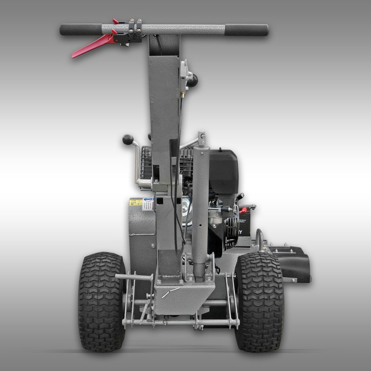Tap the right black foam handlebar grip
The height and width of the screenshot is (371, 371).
(x=246, y=30)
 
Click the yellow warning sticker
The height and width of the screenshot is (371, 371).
(x=136, y=202)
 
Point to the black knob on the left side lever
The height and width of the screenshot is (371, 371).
(x=128, y=139)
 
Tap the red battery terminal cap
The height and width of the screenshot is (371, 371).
(x=244, y=210)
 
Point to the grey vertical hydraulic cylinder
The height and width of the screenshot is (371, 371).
(x=200, y=210)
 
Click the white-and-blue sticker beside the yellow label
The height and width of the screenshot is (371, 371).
(x=147, y=204)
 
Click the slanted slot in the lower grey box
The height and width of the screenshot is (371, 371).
(x=170, y=292)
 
